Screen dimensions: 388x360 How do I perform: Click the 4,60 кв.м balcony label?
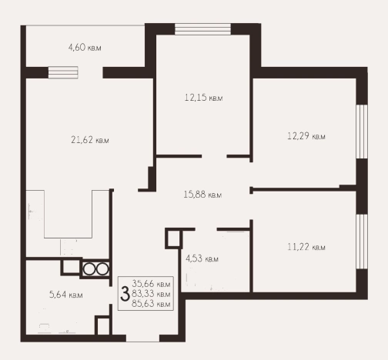pyautogui.click(x=85, y=48)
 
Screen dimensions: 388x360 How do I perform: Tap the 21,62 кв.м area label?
pyautogui.click(x=90, y=140)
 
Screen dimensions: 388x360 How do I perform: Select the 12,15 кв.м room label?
pyautogui.click(x=203, y=98)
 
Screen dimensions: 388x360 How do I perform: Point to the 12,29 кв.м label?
pyautogui.click(x=306, y=136)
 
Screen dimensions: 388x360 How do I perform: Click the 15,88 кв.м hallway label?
pyautogui.click(x=202, y=195)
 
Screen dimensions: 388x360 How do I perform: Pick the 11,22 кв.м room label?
pyautogui.click(x=306, y=247)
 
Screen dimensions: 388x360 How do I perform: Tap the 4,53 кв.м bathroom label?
pyautogui.click(x=202, y=258)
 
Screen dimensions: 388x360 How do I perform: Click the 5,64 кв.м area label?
pyautogui.click(x=66, y=295)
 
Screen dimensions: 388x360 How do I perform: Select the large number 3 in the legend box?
pyautogui.click(x=125, y=294)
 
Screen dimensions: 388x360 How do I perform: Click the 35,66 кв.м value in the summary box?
pyautogui.click(x=151, y=284)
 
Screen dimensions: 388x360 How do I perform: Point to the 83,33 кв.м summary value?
pyautogui.click(x=151, y=294)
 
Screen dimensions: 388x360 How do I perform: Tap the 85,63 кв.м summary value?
pyautogui.click(x=151, y=304)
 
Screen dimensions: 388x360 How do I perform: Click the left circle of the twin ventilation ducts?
pyautogui.click(x=89, y=269)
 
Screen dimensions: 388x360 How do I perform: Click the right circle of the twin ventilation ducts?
pyautogui.click(x=102, y=269)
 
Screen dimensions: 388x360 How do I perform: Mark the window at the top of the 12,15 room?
pyautogui.click(x=202, y=29)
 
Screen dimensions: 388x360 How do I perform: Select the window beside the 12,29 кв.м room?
pyautogui.click(x=362, y=132)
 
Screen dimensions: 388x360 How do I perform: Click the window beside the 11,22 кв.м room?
pyautogui.click(x=362, y=242)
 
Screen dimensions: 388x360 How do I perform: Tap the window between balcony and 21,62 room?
pyautogui.click(x=63, y=72)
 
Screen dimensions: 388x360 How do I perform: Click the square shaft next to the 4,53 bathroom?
pyautogui.click(x=174, y=238)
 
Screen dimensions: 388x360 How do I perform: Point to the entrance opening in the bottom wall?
pyautogui.click(x=142, y=338)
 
